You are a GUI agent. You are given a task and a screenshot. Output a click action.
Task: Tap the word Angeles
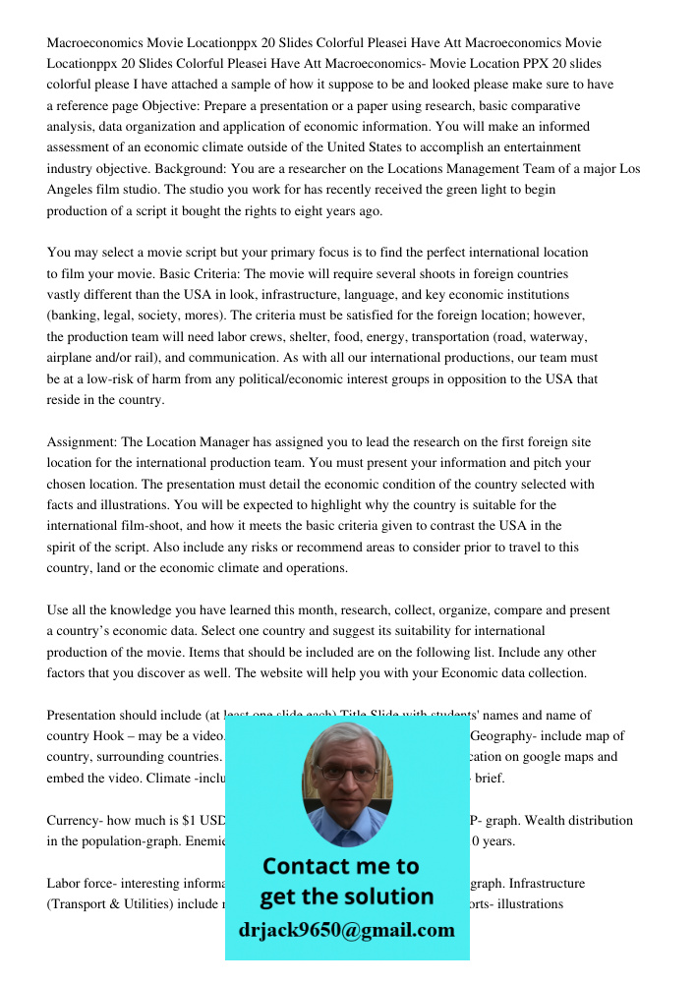[x=74, y=190]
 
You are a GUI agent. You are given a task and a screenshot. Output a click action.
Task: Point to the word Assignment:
[x=81, y=442]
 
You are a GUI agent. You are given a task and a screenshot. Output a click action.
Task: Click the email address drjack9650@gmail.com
[x=346, y=930]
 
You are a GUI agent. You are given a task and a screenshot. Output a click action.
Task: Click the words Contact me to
[x=340, y=866]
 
